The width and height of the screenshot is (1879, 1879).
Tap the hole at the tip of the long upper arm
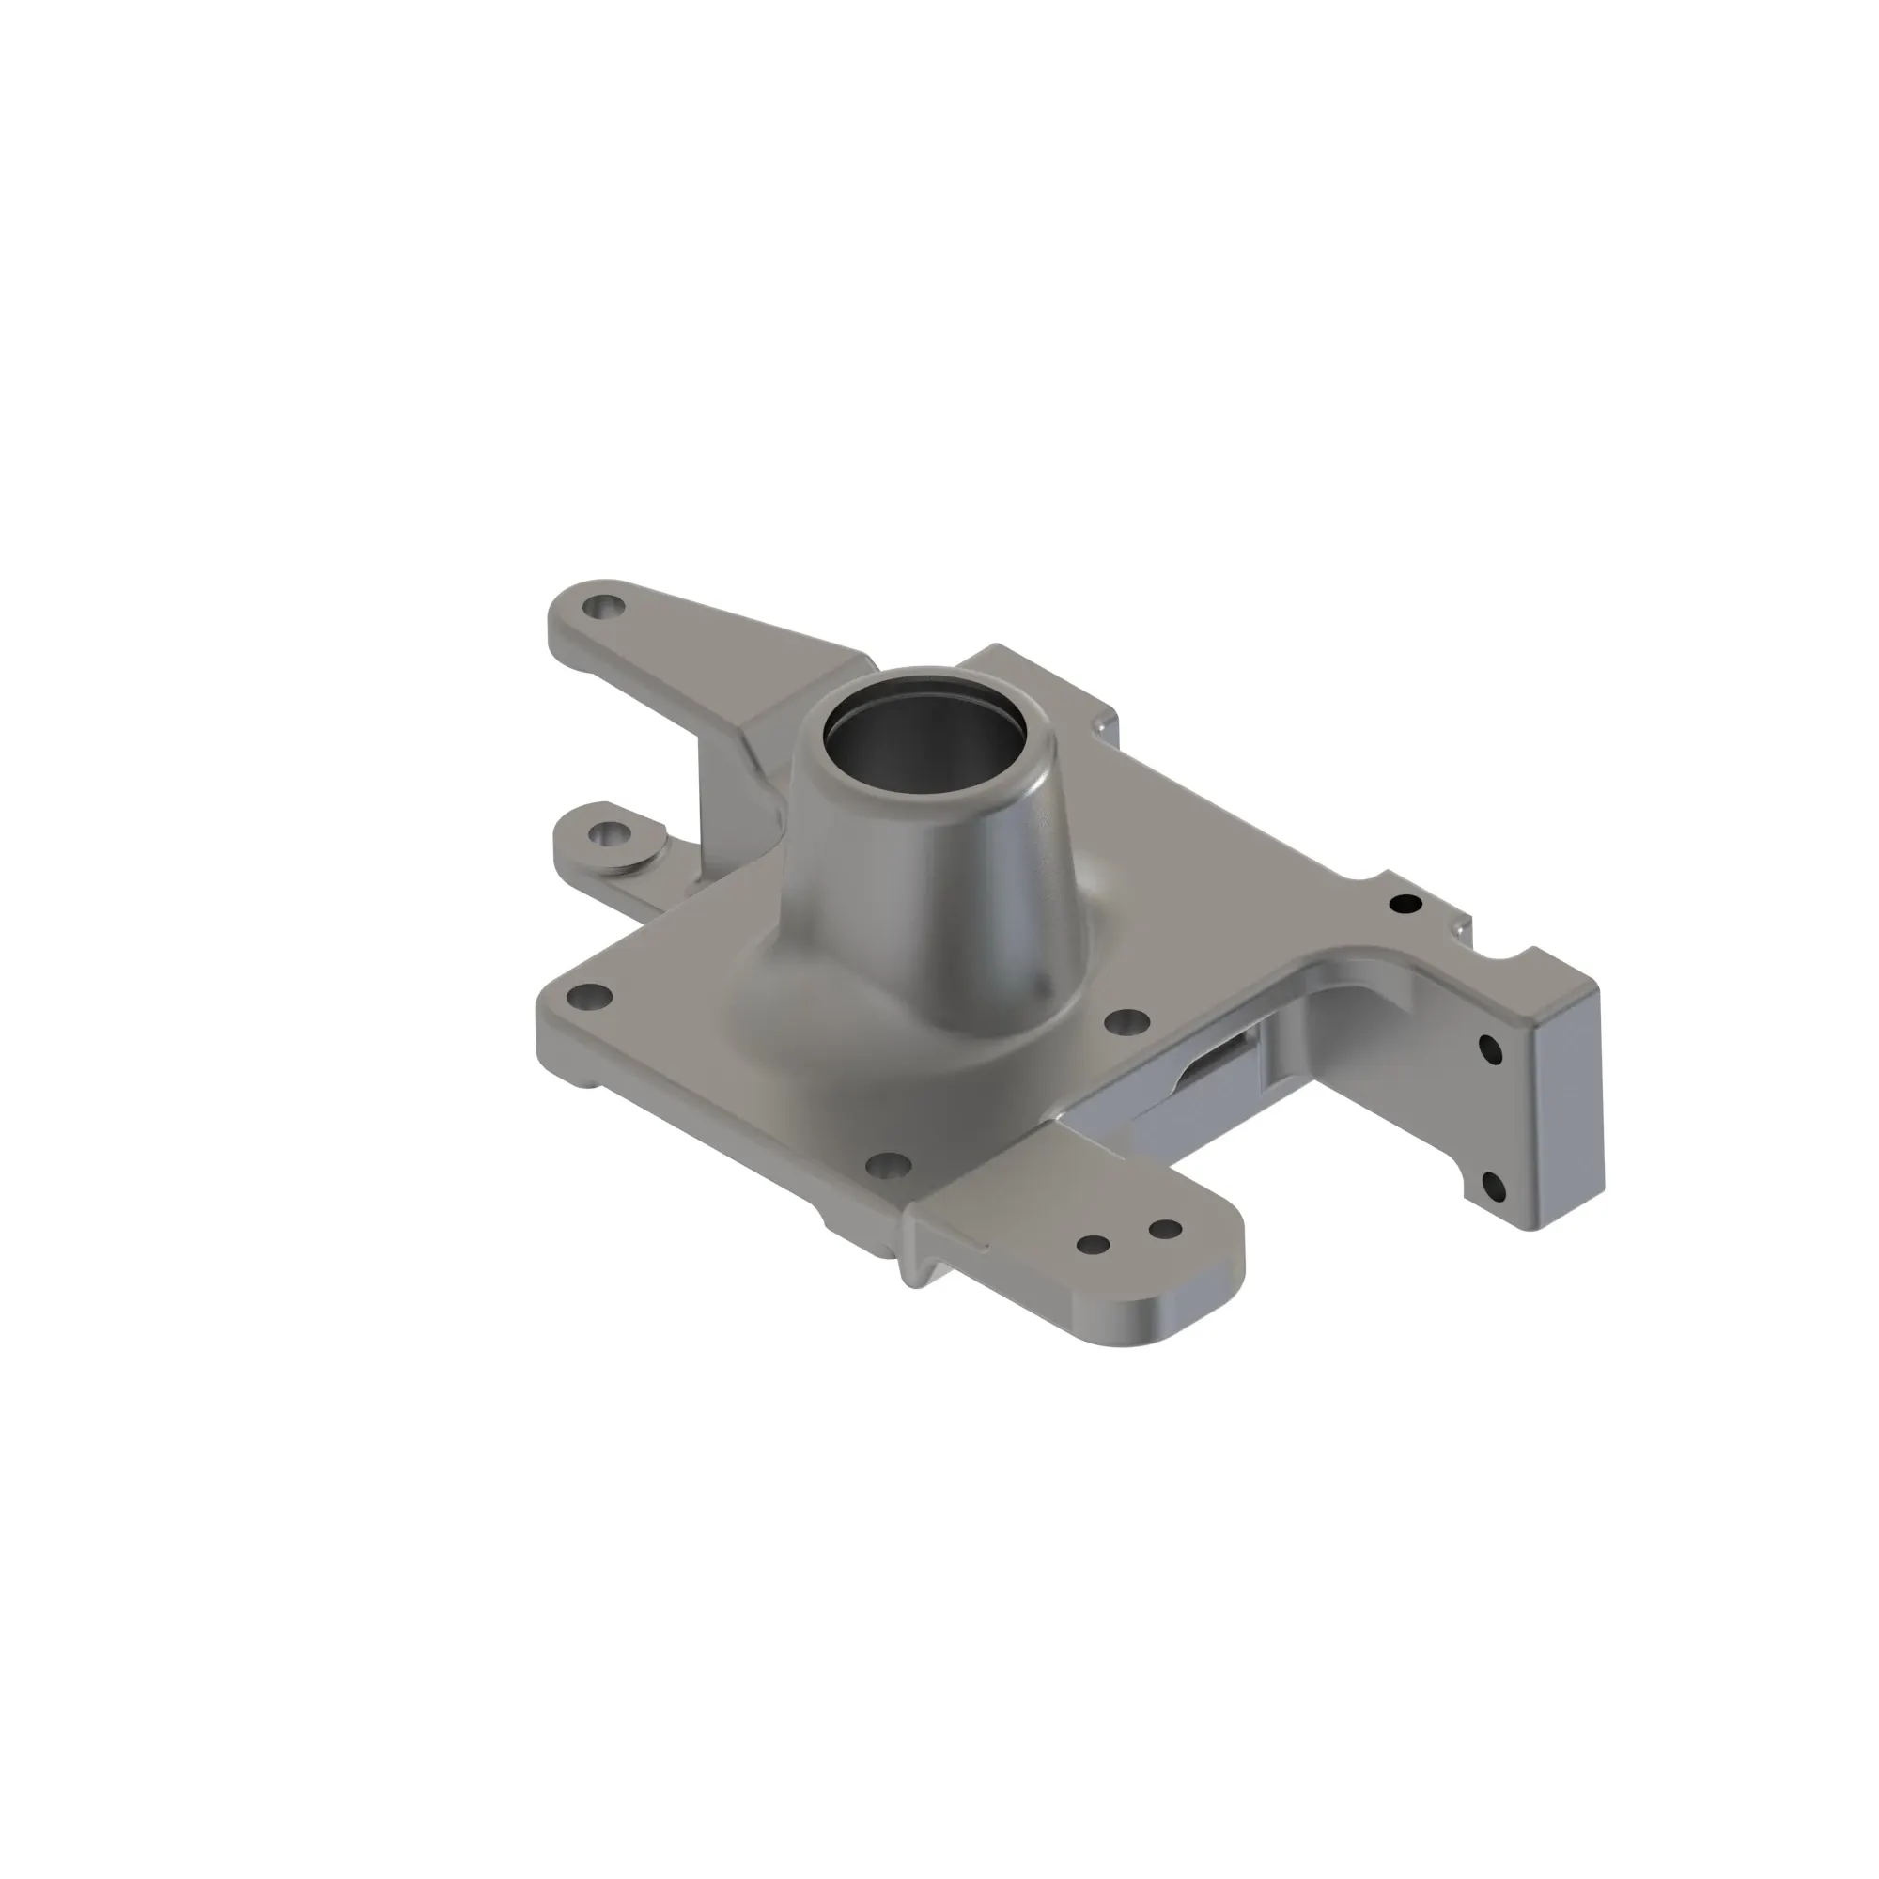[606, 609]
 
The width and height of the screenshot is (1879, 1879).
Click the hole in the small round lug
[611, 834]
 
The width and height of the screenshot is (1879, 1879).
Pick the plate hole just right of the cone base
[1127, 1022]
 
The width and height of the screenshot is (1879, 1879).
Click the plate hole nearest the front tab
[887, 1164]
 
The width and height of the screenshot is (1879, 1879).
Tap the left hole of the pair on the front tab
[1094, 1245]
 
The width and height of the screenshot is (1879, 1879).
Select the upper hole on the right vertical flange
[1489, 1049]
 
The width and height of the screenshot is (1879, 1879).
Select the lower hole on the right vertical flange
[1491, 1186]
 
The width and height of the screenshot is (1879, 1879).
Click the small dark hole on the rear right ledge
[1405, 905]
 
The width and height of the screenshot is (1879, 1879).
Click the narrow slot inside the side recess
[1220, 1060]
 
